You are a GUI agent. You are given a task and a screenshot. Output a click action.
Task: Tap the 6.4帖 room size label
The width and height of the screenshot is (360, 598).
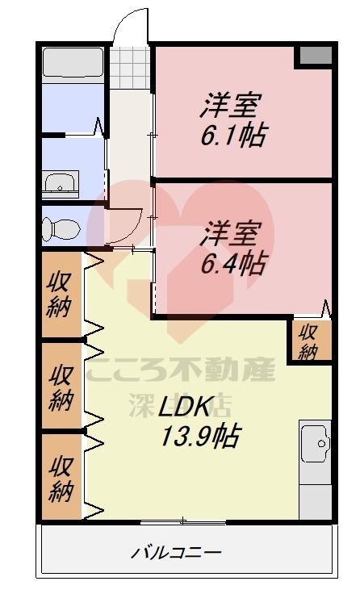(234, 261)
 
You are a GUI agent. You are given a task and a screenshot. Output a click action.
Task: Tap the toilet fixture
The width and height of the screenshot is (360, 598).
(60, 228)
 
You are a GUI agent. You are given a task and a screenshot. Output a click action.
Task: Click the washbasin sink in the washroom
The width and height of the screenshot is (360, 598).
(60, 184)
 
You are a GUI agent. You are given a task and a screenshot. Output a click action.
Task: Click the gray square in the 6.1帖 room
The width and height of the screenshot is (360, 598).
(315, 55)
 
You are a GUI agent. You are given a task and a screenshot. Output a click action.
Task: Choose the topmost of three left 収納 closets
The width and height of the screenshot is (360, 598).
(61, 295)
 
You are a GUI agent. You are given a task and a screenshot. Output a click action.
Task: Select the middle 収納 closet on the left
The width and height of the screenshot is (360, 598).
(61, 387)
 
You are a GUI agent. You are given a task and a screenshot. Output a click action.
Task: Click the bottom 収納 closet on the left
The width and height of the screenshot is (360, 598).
(61, 478)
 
